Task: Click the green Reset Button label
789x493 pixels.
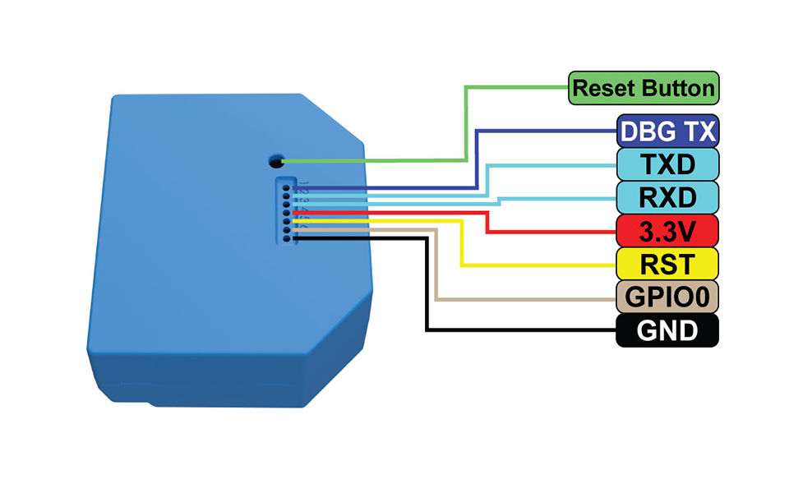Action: point(644,88)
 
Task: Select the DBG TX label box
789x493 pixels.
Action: point(667,131)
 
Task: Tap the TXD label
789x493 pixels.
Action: point(667,164)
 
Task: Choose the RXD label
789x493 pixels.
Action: point(667,198)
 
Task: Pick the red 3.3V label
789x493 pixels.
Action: point(667,232)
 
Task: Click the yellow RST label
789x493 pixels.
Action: point(667,265)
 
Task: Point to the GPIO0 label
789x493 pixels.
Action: point(667,297)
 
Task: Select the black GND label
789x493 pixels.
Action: point(667,330)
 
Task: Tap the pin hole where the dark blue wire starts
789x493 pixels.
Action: point(286,188)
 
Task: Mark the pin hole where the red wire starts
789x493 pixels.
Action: point(286,213)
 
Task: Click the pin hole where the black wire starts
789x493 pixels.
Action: point(286,238)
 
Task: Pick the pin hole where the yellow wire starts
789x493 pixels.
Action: point(286,222)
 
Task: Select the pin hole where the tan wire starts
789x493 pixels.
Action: point(286,230)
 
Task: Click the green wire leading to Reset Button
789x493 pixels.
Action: point(466,123)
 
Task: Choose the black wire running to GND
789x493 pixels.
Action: point(427,288)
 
